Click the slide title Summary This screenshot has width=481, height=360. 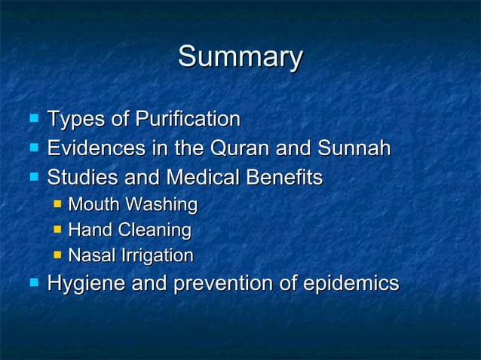click(240, 56)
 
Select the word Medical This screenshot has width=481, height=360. click(198, 178)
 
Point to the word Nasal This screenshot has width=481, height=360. click(90, 256)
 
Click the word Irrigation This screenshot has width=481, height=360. click(155, 256)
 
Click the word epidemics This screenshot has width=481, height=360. click(348, 285)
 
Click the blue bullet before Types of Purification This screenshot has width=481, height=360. click(32, 118)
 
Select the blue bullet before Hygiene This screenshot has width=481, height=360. click(32, 283)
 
